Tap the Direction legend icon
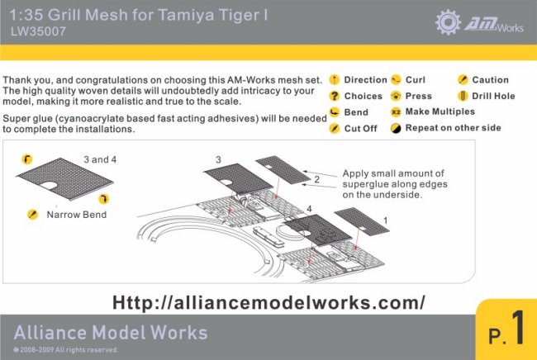click(x=335, y=80)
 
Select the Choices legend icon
click(x=335, y=96)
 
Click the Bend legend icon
click(x=335, y=111)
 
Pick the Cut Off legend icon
click(x=335, y=128)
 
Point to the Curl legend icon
click(x=397, y=80)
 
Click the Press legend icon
click(x=397, y=96)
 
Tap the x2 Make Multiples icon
click(x=397, y=111)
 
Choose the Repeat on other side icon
click(x=397, y=128)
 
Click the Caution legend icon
click(x=463, y=80)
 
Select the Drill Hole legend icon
click(x=463, y=96)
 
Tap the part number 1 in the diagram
click(x=385, y=220)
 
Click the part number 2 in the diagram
click(x=316, y=178)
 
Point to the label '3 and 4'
click(x=101, y=158)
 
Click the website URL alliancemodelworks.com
click(x=268, y=302)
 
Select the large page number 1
click(x=517, y=329)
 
